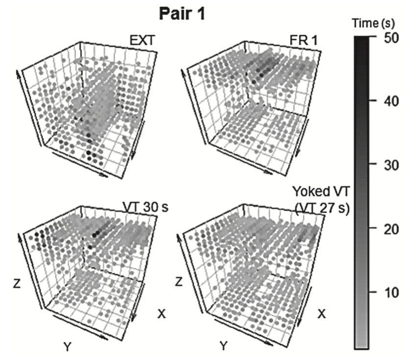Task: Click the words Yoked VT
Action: pyautogui.click(x=318, y=191)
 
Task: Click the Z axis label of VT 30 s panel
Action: pyautogui.click(x=17, y=283)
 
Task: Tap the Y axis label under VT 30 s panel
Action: pyautogui.click(x=68, y=347)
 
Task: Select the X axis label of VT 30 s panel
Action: pyautogui.click(x=161, y=314)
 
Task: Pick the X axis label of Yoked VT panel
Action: pyautogui.click(x=322, y=314)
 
